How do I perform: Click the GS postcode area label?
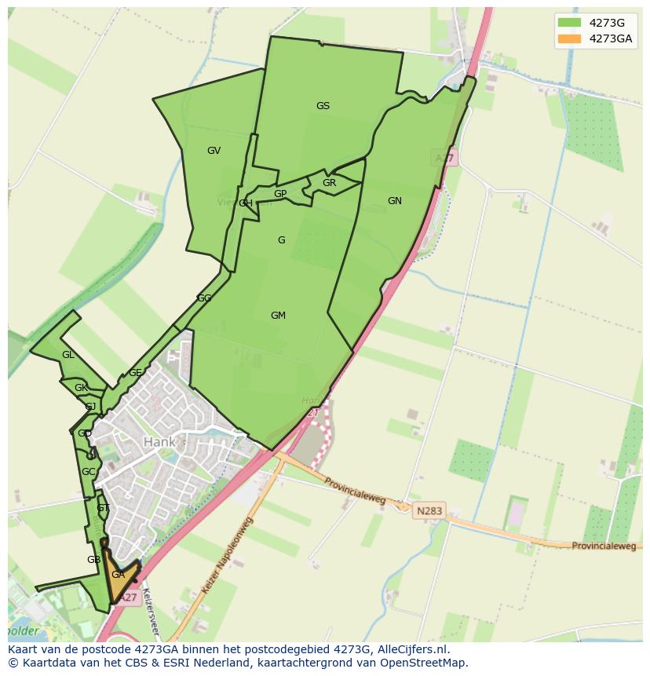[323, 106]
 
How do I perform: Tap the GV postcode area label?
[214, 151]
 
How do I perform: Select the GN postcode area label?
[394, 201]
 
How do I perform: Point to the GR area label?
[329, 183]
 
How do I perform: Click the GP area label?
[280, 194]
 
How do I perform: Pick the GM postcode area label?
[278, 316]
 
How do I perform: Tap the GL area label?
[68, 355]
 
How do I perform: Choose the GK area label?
[81, 388]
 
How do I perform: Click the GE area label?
[135, 373]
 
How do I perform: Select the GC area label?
[88, 472]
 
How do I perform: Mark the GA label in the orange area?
[118, 575]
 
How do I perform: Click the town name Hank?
[159, 443]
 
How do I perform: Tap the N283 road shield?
[429, 510]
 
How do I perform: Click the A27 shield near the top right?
[445, 159]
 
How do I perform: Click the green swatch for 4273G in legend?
[570, 22]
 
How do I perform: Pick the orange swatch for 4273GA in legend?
[570, 38]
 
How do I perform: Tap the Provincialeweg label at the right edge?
[603, 546]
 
